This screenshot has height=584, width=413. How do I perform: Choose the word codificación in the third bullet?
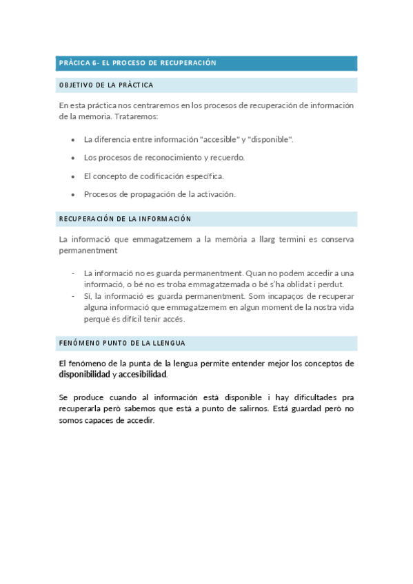tap(161, 176)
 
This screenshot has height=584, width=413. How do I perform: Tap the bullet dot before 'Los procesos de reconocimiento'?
tap(73, 158)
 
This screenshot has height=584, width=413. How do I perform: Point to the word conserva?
tap(336, 239)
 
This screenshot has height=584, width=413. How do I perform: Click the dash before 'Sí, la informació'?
tap(73, 296)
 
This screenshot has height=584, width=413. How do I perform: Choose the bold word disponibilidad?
tap(84, 375)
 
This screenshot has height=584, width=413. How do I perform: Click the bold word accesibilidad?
tap(143, 375)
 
